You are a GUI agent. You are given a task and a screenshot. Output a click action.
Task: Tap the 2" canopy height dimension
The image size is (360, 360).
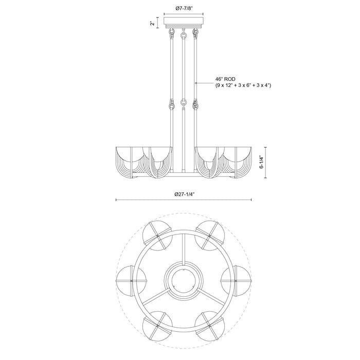[152, 23]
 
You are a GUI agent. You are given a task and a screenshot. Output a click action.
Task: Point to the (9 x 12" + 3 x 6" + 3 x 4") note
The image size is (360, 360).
[243, 86]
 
